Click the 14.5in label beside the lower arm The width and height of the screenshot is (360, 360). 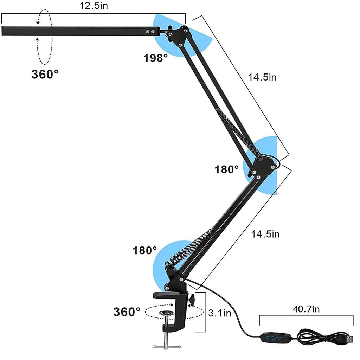tap(265, 234)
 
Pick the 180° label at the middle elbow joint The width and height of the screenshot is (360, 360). tap(227, 170)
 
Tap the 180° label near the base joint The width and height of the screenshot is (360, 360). tap(145, 250)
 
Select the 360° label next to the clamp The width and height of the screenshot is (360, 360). tap(127, 311)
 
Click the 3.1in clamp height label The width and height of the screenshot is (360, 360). tap(220, 313)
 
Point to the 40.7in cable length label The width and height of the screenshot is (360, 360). tap(306, 309)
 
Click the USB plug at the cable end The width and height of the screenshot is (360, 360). tap(348, 340)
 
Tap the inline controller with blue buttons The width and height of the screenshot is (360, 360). tap(276, 339)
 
